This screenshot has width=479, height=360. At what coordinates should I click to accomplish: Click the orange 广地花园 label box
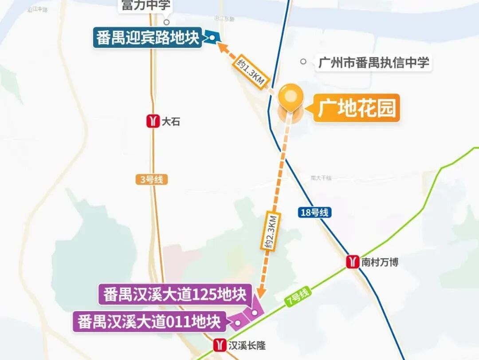(357, 108)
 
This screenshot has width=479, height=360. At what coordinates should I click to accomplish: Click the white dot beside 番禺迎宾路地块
(212, 38)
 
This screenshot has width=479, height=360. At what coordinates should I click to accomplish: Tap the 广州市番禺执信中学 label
(373, 63)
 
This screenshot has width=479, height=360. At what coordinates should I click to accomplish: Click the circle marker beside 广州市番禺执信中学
(303, 62)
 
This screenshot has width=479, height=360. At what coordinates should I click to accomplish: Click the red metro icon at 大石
(153, 121)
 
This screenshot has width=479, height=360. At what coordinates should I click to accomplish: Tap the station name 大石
(171, 122)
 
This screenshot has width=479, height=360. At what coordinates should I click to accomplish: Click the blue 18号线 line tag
(314, 213)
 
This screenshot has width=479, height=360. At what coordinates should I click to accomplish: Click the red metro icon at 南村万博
(353, 261)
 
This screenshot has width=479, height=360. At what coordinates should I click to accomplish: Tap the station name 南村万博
(380, 262)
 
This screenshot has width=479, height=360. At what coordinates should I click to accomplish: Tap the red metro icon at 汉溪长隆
(220, 345)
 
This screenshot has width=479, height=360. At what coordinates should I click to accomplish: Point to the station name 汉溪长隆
(247, 345)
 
